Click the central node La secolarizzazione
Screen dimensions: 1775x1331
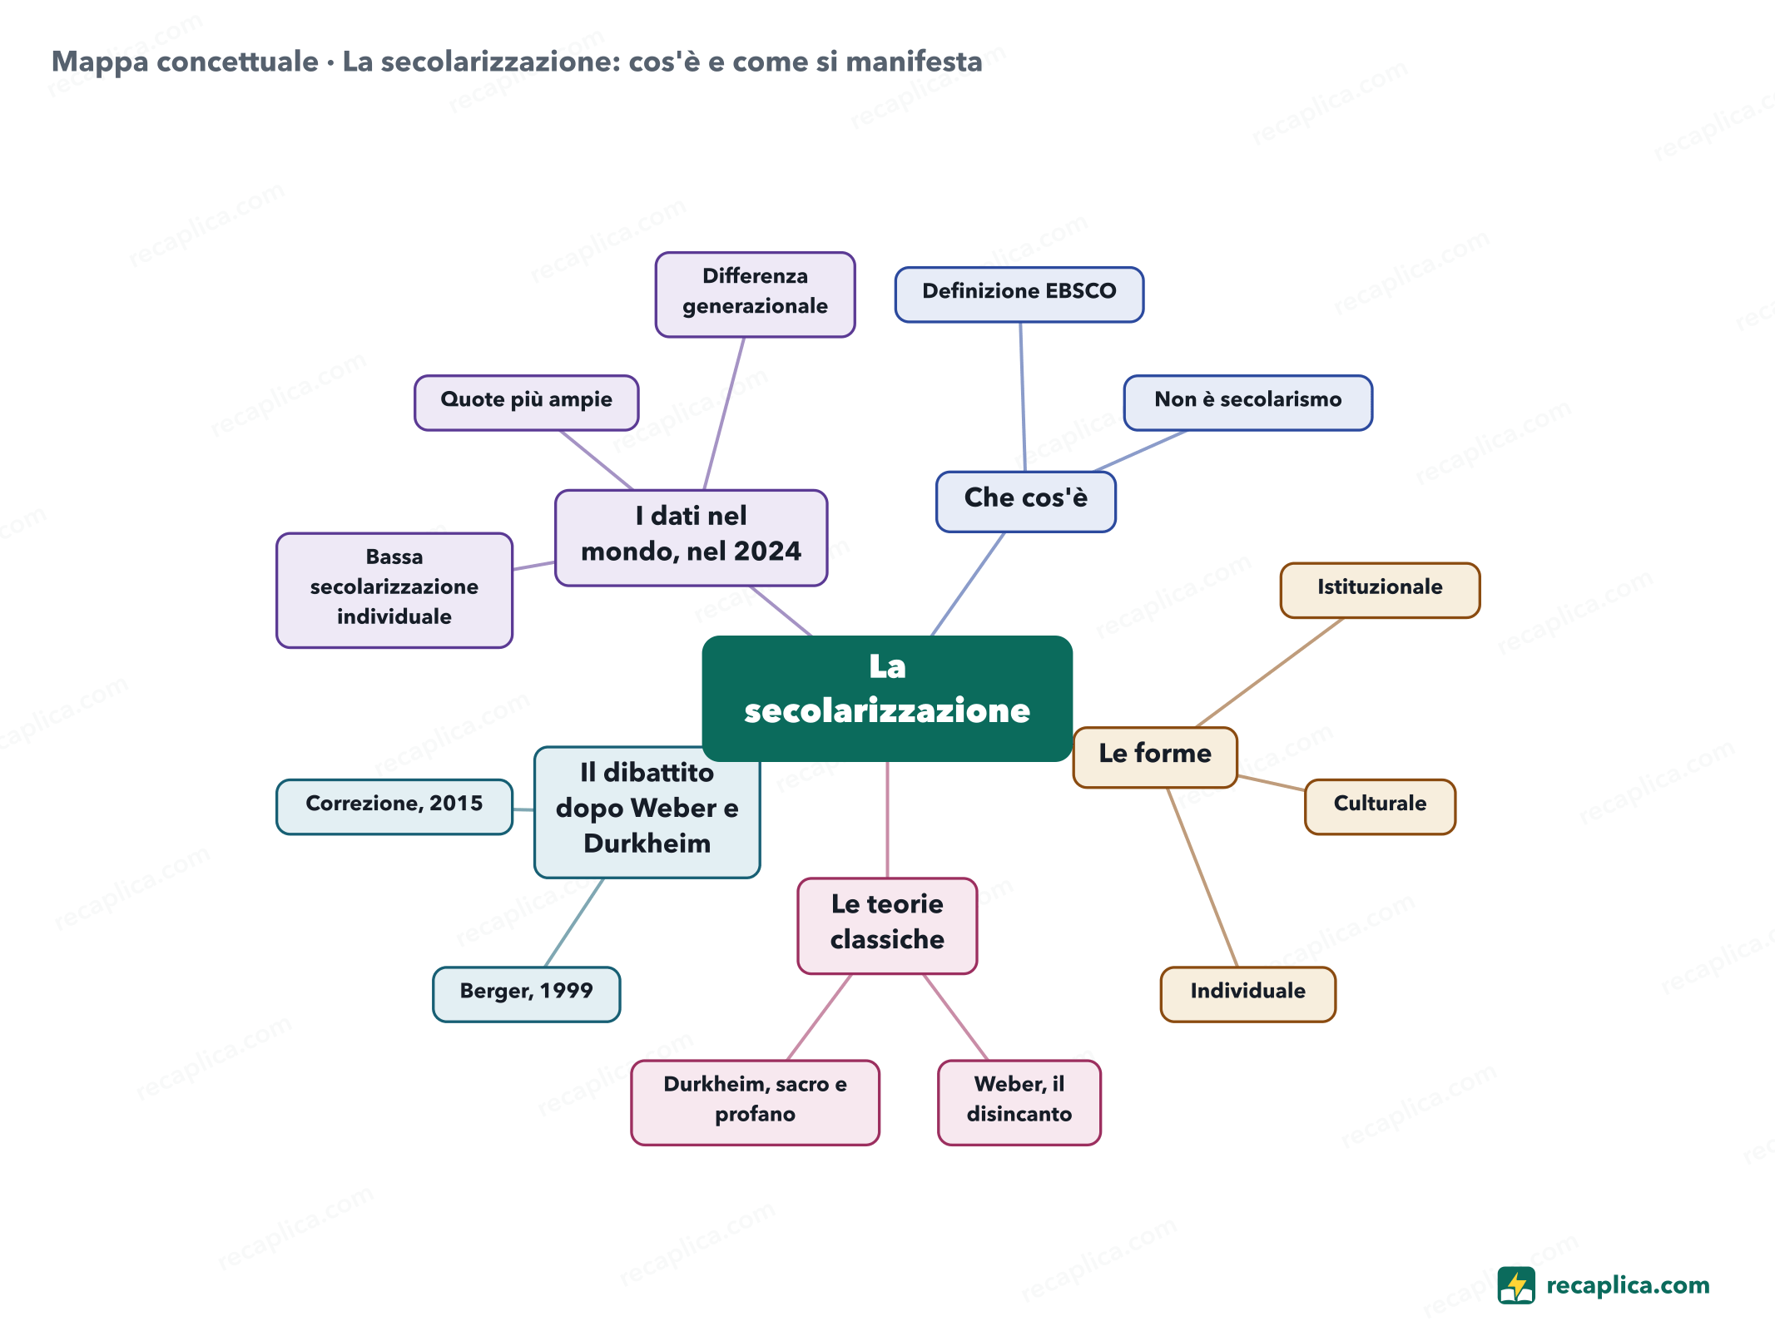point(887,698)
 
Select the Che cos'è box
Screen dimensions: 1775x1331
point(1025,502)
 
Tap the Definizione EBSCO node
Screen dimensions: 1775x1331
point(1019,294)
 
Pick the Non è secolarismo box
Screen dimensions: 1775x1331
point(1247,403)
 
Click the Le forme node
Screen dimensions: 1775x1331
point(1155,757)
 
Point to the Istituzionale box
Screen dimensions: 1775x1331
point(1380,590)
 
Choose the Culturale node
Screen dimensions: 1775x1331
point(1380,806)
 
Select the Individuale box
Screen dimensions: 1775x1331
point(1247,993)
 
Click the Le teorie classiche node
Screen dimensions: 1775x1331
point(887,925)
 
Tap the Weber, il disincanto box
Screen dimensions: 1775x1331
point(1019,1102)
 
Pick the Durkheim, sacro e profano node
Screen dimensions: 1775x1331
point(755,1102)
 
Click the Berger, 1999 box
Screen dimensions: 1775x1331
point(526,993)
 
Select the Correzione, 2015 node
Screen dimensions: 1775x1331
point(394,806)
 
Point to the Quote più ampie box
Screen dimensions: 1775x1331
point(526,403)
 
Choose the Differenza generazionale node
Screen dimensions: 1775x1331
point(755,294)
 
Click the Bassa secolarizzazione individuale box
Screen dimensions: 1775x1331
point(394,590)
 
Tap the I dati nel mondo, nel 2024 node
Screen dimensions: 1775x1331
point(691,537)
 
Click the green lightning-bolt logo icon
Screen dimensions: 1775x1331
point(1515,1285)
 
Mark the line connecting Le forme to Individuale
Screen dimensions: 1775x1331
point(1202,877)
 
